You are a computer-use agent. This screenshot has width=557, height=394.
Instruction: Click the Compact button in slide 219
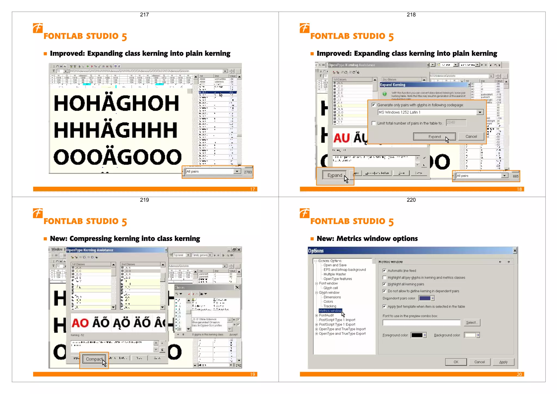pos(94,359)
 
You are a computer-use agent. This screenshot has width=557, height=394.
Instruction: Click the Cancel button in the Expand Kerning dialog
pos(471,136)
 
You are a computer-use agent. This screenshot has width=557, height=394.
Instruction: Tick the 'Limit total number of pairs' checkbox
pos(374,123)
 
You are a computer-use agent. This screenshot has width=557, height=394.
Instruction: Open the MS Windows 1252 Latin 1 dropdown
pos(480,112)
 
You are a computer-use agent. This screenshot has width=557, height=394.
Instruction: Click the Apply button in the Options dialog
pos(503,362)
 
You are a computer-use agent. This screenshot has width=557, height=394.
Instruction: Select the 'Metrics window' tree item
pos(330,311)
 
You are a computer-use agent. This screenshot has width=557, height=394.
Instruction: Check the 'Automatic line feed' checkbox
pos(384,271)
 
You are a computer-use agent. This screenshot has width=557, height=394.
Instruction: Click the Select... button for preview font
pos(472,322)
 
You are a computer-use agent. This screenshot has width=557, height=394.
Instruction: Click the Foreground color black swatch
pos(417,335)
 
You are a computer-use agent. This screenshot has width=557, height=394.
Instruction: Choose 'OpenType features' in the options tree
pos(338,279)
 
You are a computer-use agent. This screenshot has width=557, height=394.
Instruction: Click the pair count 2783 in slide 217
pos(248,172)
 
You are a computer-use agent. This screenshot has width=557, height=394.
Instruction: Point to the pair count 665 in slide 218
pos(515,176)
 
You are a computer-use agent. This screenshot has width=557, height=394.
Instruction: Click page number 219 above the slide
pos(144,200)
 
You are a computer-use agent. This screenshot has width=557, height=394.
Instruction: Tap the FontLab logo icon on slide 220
pos(305,213)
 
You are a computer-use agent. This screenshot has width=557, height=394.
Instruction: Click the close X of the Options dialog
pos(515,250)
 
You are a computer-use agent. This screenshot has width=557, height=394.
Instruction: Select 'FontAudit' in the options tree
pos(326,315)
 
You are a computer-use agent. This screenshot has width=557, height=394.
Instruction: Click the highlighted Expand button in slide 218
pos(335,175)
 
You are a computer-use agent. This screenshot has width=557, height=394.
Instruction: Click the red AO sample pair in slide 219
pos(80,323)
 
